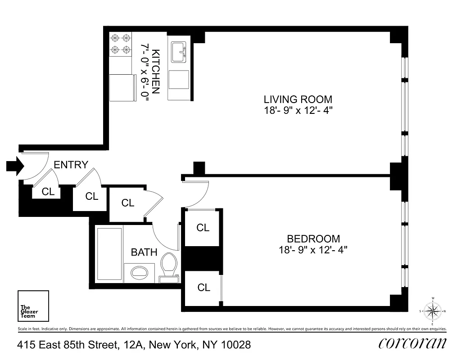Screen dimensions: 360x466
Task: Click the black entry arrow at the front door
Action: click(x=14, y=166)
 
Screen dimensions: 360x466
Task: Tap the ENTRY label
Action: click(x=71, y=165)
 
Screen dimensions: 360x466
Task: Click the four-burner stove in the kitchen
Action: click(x=121, y=44)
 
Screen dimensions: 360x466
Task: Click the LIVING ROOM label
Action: click(x=298, y=99)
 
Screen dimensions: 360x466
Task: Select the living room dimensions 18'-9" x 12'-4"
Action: click(x=298, y=110)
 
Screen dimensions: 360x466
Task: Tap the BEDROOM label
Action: click(x=313, y=239)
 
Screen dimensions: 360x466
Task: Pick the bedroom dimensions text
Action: click(x=313, y=250)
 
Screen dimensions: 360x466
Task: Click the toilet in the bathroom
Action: click(x=169, y=265)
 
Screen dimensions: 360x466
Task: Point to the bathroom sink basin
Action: click(x=139, y=272)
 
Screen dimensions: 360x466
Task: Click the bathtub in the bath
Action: click(x=109, y=255)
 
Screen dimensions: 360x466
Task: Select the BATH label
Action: click(x=144, y=252)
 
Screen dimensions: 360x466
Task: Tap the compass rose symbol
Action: click(x=432, y=311)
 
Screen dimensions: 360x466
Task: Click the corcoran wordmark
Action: click(x=412, y=344)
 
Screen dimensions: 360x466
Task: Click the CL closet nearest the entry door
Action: click(x=48, y=192)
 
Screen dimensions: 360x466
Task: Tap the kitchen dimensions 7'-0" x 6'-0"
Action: click(x=145, y=72)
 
